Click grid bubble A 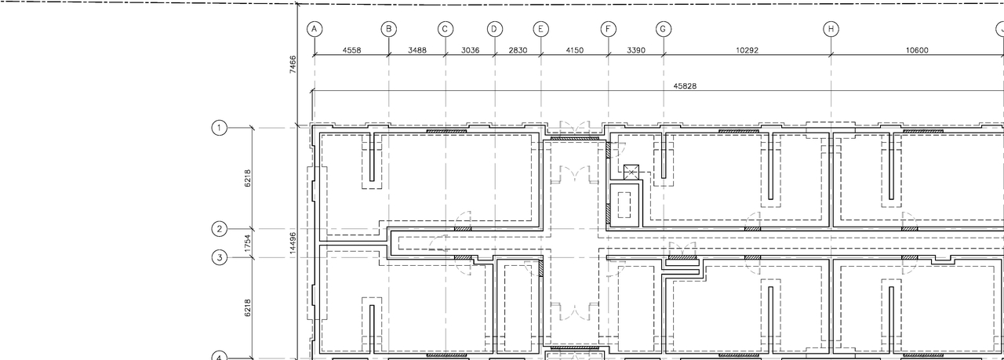click(x=314, y=29)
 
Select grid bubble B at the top click(x=389, y=29)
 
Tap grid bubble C click(x=446, y=29)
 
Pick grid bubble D click(x=495, y=29)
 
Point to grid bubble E click(x=541, y=29)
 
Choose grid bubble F click(x=609, y=29)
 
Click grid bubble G click(x=664, y=29)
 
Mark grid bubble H click(x=831, y=29)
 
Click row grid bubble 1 click(x=220, y=127)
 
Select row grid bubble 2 click(x=220, y=229)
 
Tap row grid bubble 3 click(x=220, y=257)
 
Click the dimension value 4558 click(x=351, y=50)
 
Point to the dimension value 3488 click(x=417, y=50)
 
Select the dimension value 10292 click(x=747, y=50)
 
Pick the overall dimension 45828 click(x=685, y=86)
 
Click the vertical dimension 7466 click(x=293, y=64)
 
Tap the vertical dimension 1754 click(x=248, y=243)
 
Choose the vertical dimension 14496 click(x=293, y=243)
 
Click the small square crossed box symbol click(x=631, y=172)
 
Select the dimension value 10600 click(x=916, y=50)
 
